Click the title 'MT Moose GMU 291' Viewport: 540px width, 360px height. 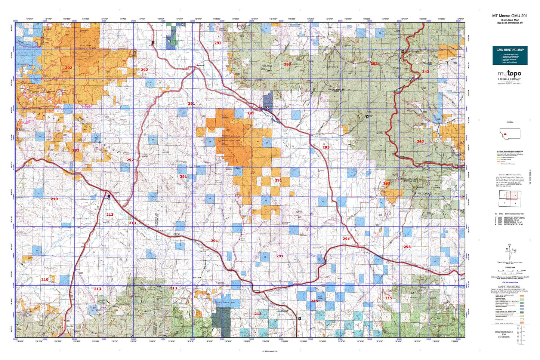(x=510, y=16)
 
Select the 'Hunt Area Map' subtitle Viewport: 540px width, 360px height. (x=510, y=20)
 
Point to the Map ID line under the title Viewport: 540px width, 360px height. (x=510, y=23)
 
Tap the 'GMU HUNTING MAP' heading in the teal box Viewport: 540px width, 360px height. (x=510, y=50)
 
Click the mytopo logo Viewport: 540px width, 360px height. (x=509, y=74)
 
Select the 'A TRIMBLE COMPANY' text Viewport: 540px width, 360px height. (x=509, y=79)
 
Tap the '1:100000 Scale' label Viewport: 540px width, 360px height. (x=510, y=267)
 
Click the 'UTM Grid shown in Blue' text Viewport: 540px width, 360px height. (x=510, y=283)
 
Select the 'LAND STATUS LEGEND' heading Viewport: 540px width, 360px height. (x=510, y=287)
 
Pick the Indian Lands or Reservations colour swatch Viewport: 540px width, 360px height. (x=522, y=323)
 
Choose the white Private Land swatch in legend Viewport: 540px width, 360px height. (x=522, y=320)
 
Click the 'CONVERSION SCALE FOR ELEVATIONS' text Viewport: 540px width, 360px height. (x=503, y=334)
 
